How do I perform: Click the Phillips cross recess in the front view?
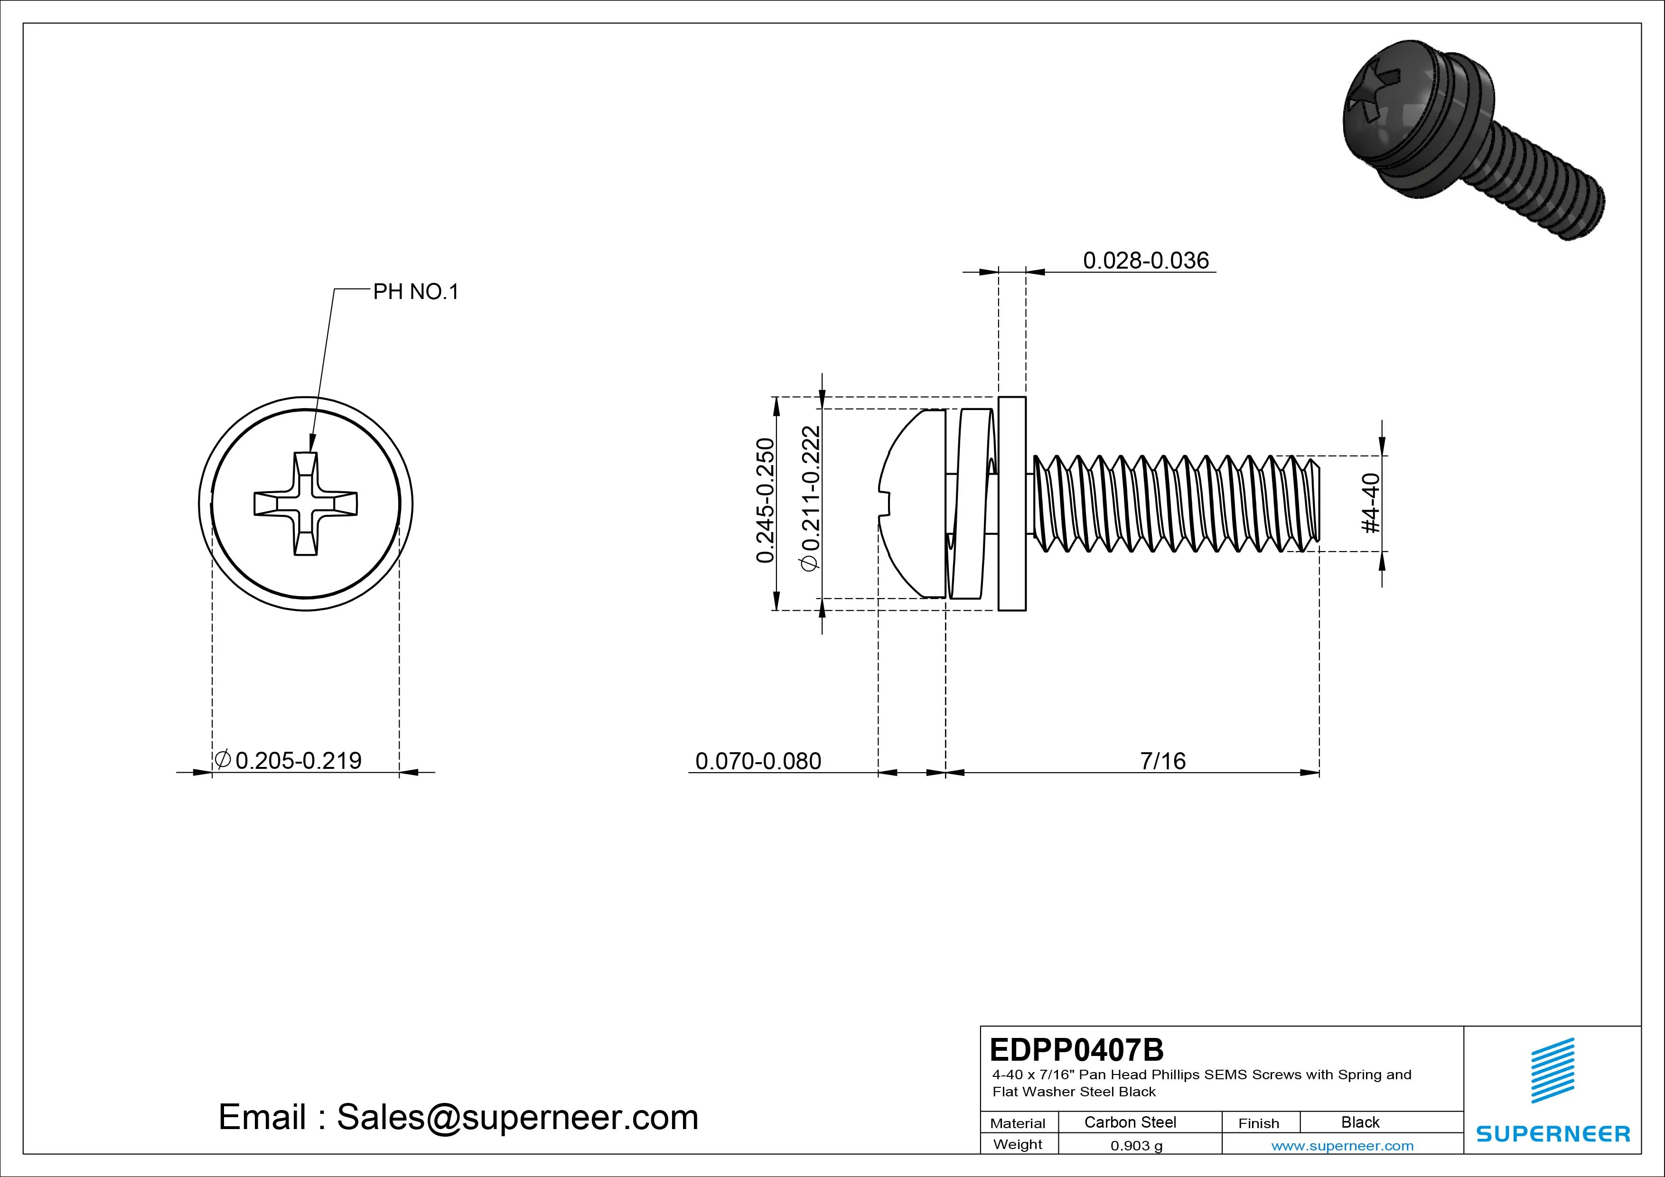[305, 504]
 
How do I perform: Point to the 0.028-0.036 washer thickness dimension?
[1146, 261]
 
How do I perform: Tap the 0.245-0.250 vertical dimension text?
[765, 500]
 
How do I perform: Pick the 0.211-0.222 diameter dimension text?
[811, 498]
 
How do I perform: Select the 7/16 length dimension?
[1162, 761]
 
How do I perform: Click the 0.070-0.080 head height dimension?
[758, 761]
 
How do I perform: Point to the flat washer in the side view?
[1011, 504]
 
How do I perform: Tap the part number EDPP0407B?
[1076, 1049]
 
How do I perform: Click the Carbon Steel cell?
[1130, 1122]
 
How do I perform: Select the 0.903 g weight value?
[1136, 1146]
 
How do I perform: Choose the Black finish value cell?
[1360, 1122]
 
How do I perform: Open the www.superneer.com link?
[1342, 1146]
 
